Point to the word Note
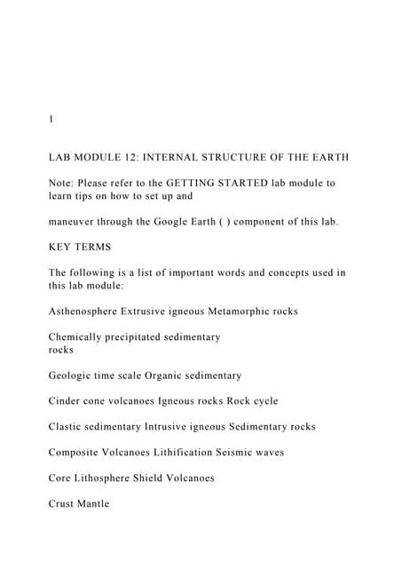63,183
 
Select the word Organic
170,375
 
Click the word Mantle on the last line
93,504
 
